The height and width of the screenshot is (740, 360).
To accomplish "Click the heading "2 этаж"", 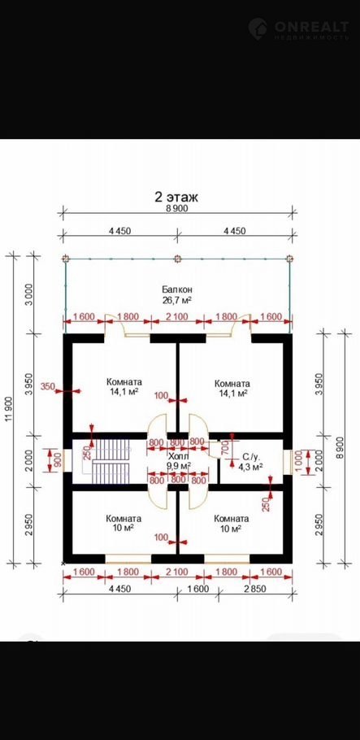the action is (176, 196).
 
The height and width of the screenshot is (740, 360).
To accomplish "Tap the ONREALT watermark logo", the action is (299, 28).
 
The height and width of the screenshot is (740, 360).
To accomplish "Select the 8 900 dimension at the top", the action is (177, 209).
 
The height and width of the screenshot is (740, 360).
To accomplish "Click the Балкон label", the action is (177, 289).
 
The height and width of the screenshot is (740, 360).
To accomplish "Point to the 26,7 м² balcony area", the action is (177, 300).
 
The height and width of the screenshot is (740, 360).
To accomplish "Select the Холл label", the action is (178, 456).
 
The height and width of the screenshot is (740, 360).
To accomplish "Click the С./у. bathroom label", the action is (250, 457).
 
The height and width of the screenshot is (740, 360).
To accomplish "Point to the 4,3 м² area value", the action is (250, 466).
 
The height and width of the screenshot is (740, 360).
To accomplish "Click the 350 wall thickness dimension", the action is (48, 387).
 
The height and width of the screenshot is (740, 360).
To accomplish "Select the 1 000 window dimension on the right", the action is (299, 461).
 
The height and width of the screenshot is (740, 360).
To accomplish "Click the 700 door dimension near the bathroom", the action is (224, 446).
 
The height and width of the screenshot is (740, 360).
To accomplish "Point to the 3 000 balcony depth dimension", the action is (28, 295).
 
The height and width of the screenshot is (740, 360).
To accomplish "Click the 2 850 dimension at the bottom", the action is (255, 589).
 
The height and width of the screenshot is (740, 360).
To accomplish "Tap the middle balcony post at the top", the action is (177, 259).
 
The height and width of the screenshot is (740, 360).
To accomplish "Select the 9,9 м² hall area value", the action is (178, 466).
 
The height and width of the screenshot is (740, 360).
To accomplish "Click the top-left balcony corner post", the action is (66, 259).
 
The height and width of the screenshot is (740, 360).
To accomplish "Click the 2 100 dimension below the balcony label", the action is (177, 316).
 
